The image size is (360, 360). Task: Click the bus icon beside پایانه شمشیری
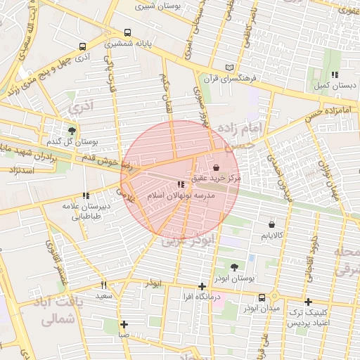(x=127, y=32)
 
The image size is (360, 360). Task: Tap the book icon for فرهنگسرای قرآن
(x=229, y=67)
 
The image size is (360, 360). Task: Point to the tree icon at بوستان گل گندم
(x=72, y=130)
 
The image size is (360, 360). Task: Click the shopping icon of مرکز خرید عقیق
(x=215, y=168)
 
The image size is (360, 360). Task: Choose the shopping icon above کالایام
(x=271, y=225)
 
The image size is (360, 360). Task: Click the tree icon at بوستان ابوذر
(x=233, y=267)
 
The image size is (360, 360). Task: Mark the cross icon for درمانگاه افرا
(x=202, y=285)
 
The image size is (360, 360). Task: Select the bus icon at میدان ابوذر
(x=262, y=297)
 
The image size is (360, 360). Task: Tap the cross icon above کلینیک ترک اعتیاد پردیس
(x=308, y=302)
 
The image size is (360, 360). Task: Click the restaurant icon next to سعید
(x=104, y=285)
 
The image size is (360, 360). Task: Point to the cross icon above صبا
(x=124, y=324)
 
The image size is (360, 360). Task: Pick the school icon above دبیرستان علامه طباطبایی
(x=86, y=195)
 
